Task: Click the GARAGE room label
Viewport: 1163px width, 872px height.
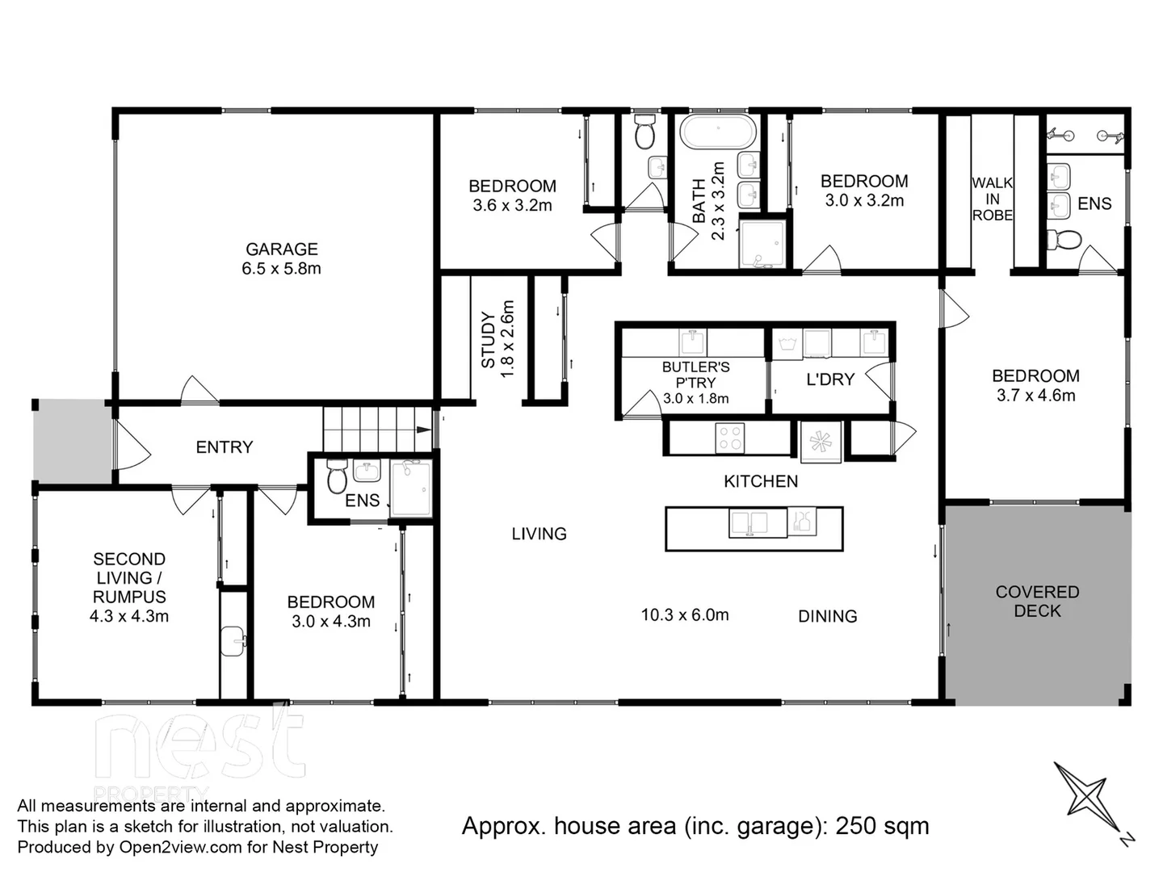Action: pyautogui.click(x=281, y=249)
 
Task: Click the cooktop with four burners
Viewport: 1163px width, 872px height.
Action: pyautogui.click(x=730, y=438)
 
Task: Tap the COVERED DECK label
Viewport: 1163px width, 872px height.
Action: pyautogui.click(x=1037, y=602)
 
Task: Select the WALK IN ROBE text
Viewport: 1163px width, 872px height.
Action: pyautogui.click(x=992, y=199)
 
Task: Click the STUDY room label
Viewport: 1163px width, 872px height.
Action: pyautogui.click(x=489, y=340)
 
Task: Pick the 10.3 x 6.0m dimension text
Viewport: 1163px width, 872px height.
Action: pyautogui.click(x=685, y=615)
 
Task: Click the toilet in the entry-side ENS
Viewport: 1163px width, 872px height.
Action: pyautogui.click(x=337, y=478)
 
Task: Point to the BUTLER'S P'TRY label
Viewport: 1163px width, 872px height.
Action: pyautogui.click(x=695, y=375)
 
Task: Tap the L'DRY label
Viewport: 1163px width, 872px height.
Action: pyautogui.click(x=829, y=379)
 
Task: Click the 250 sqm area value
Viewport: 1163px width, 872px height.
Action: pyautogui.click(x=882, y=826)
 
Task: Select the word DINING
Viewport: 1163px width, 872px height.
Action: pyautogui.click(x=827, y=617)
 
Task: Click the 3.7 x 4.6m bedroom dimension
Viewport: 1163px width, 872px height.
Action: pyautogui.click(x=1035, y=396)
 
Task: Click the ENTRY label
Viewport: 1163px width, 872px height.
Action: pyautogui.click(x=225, y=447)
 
